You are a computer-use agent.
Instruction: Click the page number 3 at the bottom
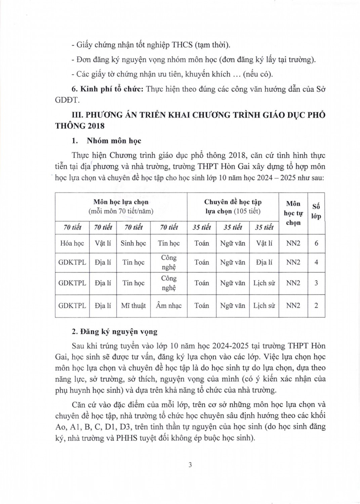190,465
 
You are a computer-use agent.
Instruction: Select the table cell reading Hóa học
72,243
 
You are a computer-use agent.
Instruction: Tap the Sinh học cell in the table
133,243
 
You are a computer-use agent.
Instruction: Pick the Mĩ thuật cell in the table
133,306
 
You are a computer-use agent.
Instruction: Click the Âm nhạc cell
169,306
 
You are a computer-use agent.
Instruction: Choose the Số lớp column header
316,211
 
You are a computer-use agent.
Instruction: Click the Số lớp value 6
316,243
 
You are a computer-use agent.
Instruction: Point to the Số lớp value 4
316,262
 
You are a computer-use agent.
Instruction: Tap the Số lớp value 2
316,306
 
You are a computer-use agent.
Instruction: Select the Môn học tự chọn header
293,213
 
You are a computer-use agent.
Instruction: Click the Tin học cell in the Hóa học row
169,243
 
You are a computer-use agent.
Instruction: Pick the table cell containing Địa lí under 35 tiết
264,262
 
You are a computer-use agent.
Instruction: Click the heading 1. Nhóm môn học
107,141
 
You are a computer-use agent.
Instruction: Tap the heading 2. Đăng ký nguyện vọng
115,332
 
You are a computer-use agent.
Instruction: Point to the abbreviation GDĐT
67,100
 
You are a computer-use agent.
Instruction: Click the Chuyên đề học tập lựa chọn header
233,207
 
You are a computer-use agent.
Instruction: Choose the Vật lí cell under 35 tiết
264,243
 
